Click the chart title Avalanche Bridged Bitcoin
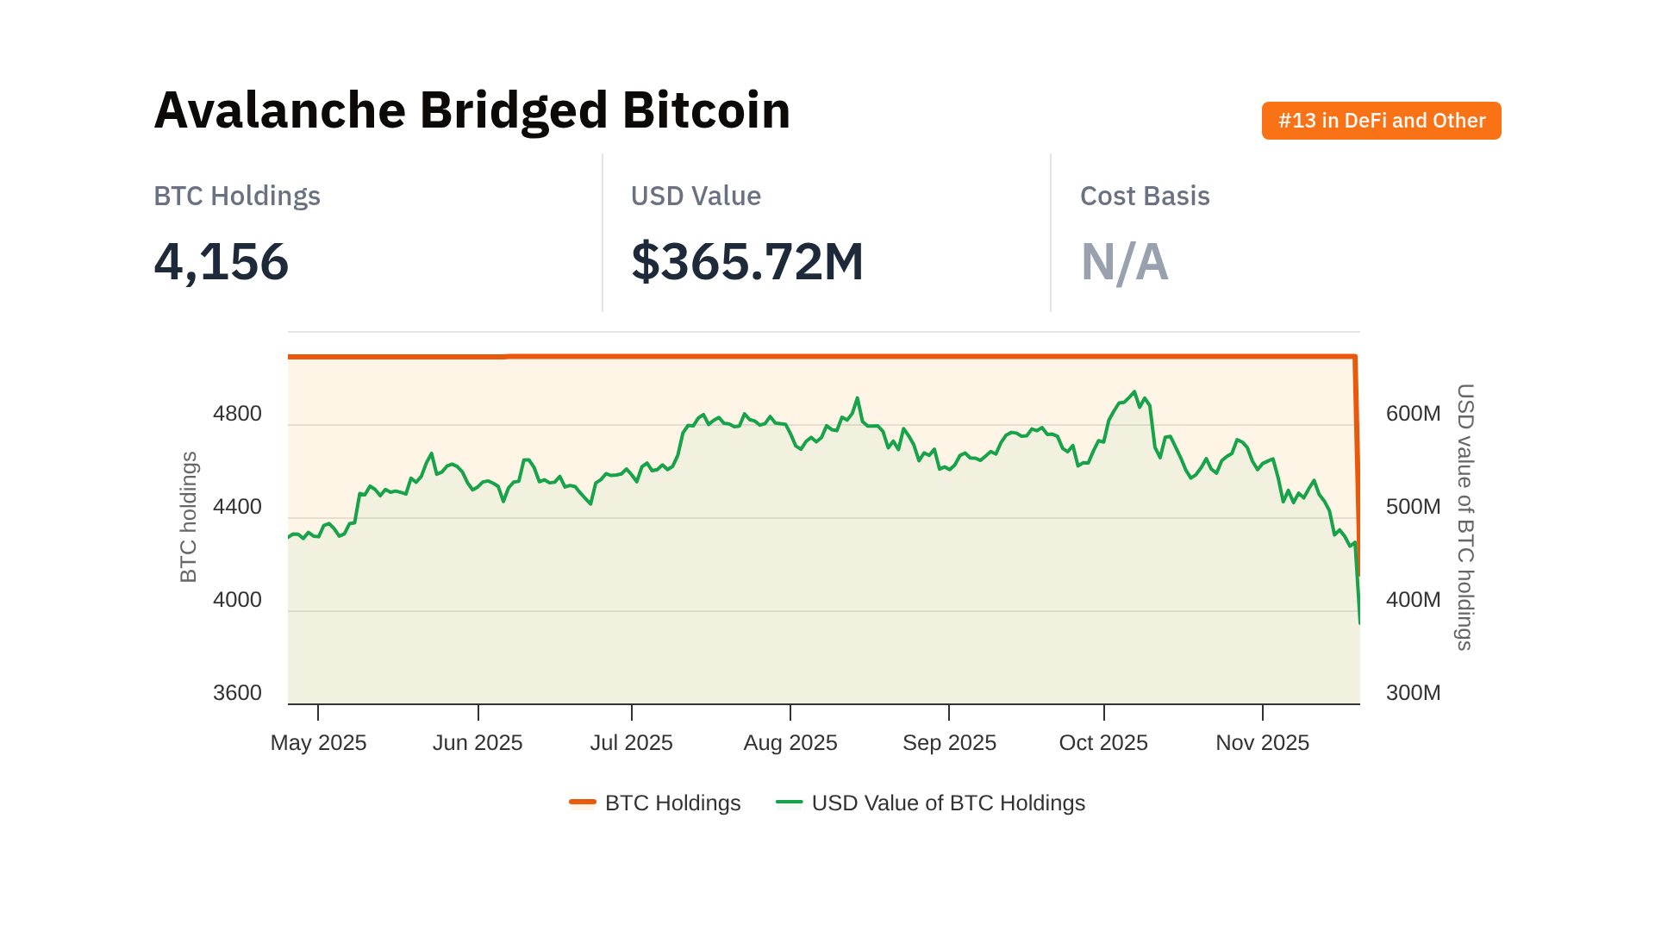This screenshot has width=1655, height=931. tap(472, 110)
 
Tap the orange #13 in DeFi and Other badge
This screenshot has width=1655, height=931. tap(1381, 121)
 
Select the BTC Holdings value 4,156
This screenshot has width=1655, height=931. tap(221, 261)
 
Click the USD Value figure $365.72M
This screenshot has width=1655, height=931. tap(746, 261)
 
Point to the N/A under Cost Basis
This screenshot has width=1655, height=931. tap(1124, 261)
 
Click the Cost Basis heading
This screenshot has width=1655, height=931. tap(1144, 197)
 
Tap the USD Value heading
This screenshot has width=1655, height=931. tap(695, 197)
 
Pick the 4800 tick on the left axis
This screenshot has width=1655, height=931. tap(237, 414)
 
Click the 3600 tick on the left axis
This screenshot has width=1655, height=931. tap(237, 693)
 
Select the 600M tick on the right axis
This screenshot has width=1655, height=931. tap(1413, 414)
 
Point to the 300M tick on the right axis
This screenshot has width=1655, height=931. tap(1413, 693)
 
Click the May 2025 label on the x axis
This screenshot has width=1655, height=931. tap(318, 743)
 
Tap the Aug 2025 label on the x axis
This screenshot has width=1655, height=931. tap(790, 743)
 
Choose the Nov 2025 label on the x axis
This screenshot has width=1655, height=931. tap(1262, 743)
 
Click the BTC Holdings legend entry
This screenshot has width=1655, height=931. tap(671, 803)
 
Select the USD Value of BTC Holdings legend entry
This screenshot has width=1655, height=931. tap(947, 803)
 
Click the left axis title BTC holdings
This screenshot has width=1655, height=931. tap(189, 517)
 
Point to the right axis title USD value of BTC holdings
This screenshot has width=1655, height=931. tap(1465, 517)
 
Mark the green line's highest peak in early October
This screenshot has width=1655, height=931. tap(1134, 392)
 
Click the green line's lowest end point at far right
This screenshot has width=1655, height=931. tap(1359, 622)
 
